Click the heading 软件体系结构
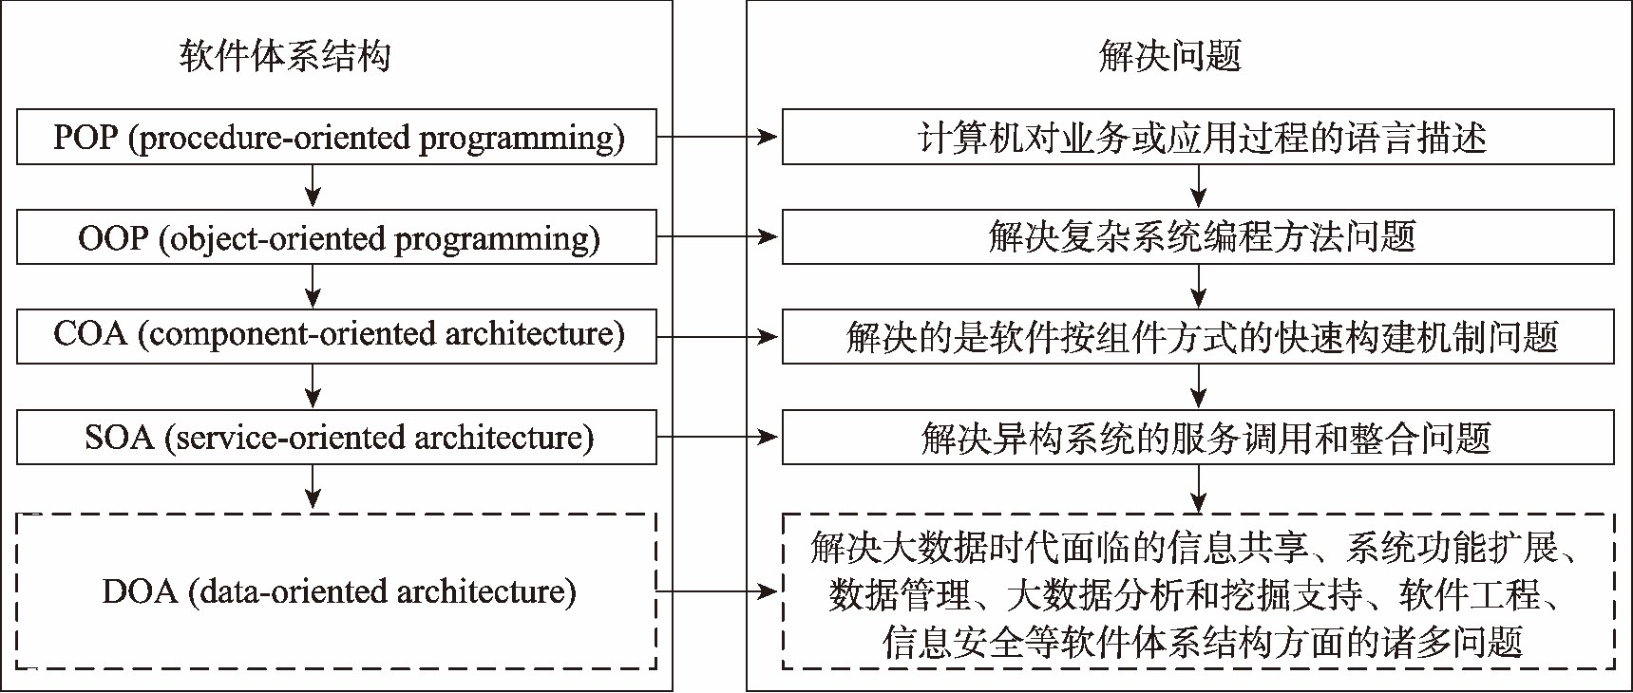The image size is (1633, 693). [284, 57]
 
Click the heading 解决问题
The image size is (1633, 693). [1170, 57]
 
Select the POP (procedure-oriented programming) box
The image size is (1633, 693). [337, 138]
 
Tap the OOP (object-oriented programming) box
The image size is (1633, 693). [337, 237]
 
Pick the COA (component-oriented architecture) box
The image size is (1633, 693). [337, 335]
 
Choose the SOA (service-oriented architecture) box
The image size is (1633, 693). [337, 438]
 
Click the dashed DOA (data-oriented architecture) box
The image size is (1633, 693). [337, 591]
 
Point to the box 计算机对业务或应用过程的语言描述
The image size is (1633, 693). [1198, 138]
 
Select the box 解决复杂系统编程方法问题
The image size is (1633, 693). [1198, 236]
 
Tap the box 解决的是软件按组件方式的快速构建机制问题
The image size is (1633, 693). [1198, 337]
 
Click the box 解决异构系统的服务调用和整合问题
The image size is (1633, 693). [1198, 438]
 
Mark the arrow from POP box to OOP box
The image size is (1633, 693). [313, 186]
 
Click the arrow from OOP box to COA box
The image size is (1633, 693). [313, 286]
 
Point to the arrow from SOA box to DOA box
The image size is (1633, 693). [313, 488]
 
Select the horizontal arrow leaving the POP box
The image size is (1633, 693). [718, 138]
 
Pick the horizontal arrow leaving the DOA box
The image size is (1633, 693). [718, 591]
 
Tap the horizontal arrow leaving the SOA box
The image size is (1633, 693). [718, 438]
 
